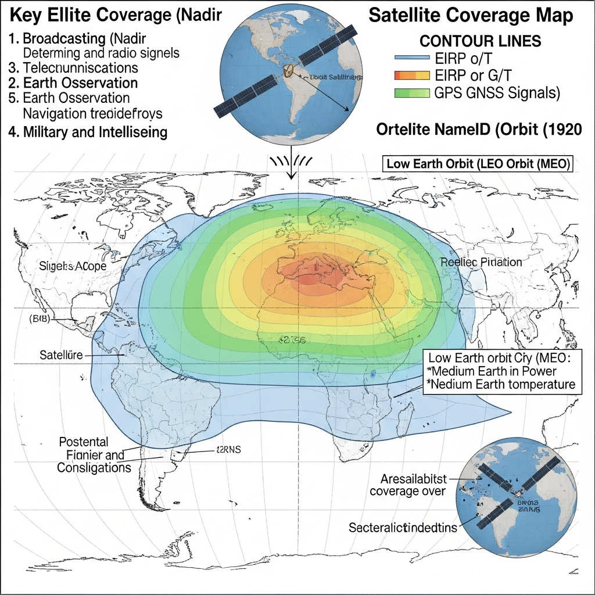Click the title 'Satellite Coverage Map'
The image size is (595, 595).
(474, 16)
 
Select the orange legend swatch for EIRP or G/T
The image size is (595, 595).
(412, 75)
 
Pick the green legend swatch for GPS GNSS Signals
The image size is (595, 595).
(412, 92)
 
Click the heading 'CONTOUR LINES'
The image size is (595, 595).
(480, 41)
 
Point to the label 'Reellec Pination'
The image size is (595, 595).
(481, 262)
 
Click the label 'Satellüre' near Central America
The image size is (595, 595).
(61, 354)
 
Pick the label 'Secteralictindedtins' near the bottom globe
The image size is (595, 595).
(403, 528)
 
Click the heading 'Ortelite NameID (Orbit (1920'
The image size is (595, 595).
(479, 130)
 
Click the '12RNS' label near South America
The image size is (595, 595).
(228, 449)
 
